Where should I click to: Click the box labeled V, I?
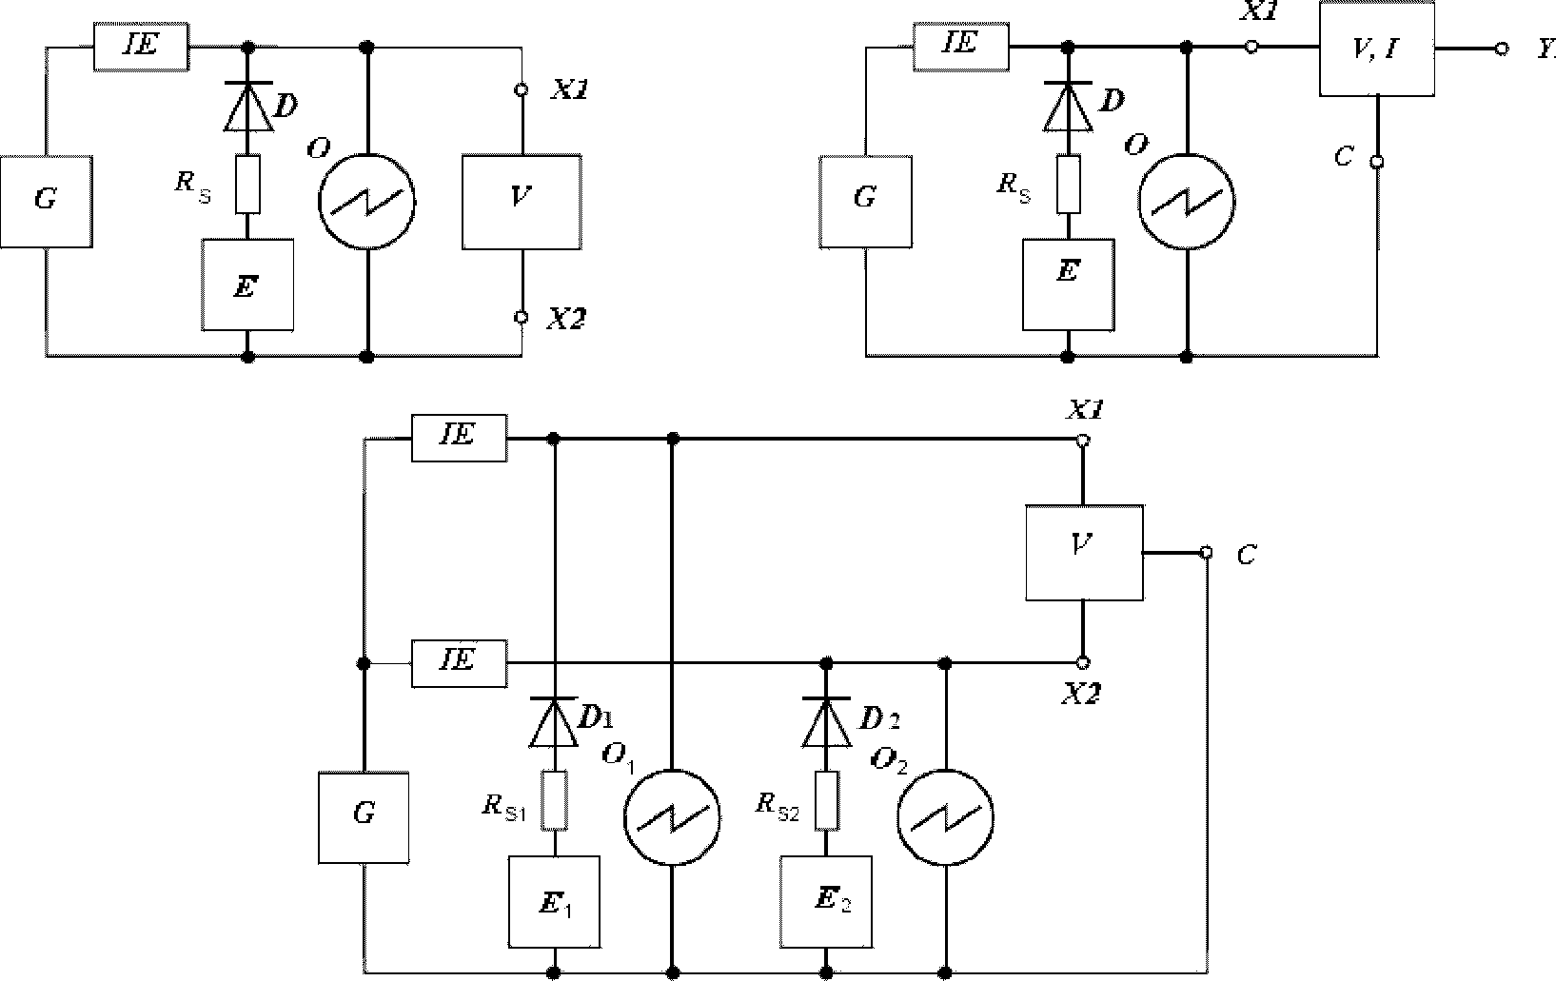click(x=1377, y=49)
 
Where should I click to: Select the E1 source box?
click(x=554, y=902)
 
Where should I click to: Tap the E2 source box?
click(x=826, y=902)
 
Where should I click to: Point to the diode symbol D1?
click(x=554, y=722)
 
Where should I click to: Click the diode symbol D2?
click(x=826, y=722)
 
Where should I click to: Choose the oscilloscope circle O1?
click(x=672, y=817)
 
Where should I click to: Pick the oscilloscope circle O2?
click(x=945, y=817)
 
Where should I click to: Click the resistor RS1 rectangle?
click(x=554, y=800)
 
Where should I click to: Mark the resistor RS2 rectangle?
click(x=826, y=800)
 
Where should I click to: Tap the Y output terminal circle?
click(x=1502, y=49)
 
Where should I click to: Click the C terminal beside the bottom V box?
click(x=1207, y=553)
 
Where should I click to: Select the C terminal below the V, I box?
click(x=1377, y=163)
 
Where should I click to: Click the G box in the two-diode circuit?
click(x=364, y=818)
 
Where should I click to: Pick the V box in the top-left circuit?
click(x=522, y=202)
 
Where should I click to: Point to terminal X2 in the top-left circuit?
click(x=521, y=317)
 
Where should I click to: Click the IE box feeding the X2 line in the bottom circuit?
click(x=459, y=664)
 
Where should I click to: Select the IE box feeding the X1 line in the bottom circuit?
click(x=459, y=438)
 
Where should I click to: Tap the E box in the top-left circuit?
click(x=247, y=284)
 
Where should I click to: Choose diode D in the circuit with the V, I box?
click(x=1069, y=107)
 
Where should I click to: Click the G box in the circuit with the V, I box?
click(x=865, y=202)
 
